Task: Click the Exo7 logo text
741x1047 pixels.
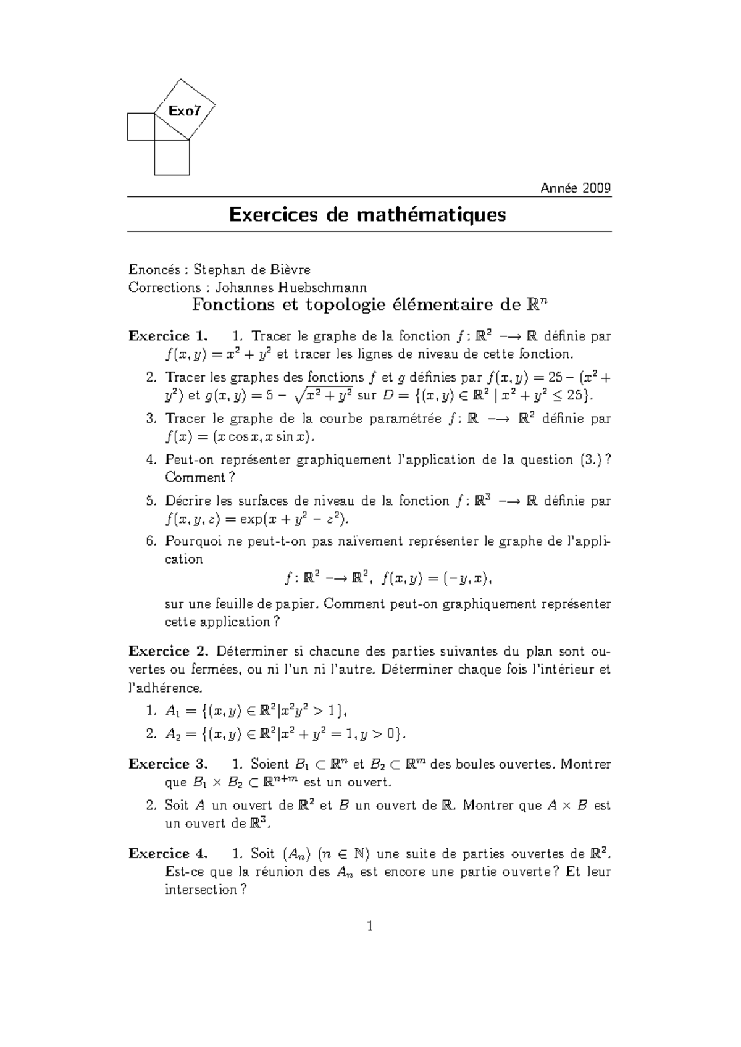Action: (x=185, y=111)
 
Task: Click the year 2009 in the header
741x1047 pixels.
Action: (x=597, y=188)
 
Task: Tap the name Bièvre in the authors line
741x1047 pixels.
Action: (x=290, y=269)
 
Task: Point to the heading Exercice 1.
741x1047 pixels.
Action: (x=168, y=336)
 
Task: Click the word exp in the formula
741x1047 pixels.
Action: (x=251, y=519)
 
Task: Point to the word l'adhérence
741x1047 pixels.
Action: (x=164, y=688)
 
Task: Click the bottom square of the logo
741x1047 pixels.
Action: (x=172, y=157)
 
